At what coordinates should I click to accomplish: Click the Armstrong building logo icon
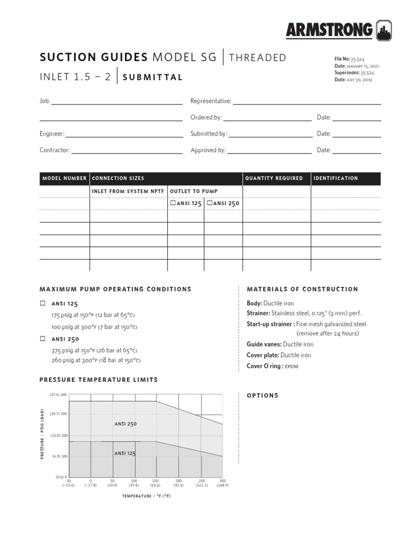[384, 30]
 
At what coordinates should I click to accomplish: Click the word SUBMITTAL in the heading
[152, 77]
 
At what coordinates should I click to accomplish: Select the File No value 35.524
[358, 59]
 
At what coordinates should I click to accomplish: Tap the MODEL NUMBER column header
[64, 178]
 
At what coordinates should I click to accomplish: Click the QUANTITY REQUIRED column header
[274, 178]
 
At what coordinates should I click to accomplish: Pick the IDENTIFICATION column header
[335, 178]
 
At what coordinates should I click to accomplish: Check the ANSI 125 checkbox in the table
[172, 202]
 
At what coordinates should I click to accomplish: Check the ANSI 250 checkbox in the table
[209, 202]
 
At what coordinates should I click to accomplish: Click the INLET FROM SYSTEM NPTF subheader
[128, 191]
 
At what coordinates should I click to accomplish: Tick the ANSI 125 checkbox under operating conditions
[43, 304]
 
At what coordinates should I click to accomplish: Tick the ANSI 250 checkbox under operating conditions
[43, 339]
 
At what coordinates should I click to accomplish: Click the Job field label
[44, 101]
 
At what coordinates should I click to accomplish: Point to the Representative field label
[210, 101]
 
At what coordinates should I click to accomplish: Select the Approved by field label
[208, 150]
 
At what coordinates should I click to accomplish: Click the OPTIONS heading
[263, 396]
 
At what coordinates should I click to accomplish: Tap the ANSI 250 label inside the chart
[126, 423]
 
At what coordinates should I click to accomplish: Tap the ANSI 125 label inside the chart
[126, 453]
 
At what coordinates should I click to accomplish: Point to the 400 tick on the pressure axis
[63, 394]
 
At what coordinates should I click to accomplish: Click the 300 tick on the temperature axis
[222, 481]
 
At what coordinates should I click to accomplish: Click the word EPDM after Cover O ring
[292, 366]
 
